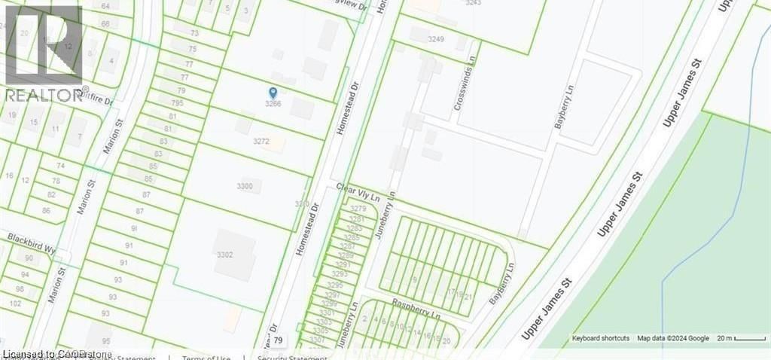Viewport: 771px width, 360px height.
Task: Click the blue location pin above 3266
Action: pyautogui.click(x=273, y=93)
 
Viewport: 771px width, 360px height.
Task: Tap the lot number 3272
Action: pyautogui.click(x=261, y=141)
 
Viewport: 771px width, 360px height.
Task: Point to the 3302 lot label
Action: pyautogui.click(x=224, y=255)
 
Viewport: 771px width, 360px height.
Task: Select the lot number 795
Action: pyautogui.click(x=177, y=103)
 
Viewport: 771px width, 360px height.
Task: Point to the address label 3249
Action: pyautogui.click(x=436, y=38)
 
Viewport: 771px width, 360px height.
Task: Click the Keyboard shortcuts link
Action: pyautogui.click(x=600, y=339)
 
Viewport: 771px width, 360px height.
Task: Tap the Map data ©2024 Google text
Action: pyautogui.click(x=673, y=339)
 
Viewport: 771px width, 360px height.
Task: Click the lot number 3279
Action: pyautogui.click(x=358, y=208)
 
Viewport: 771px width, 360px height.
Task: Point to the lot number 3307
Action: pyautogui.click(x=317, y=340)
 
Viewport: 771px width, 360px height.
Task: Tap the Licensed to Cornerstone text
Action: pyautogui.click(x=57, y=354)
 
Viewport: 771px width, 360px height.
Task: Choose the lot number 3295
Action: pyautogui.click(x=336, y=285)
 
